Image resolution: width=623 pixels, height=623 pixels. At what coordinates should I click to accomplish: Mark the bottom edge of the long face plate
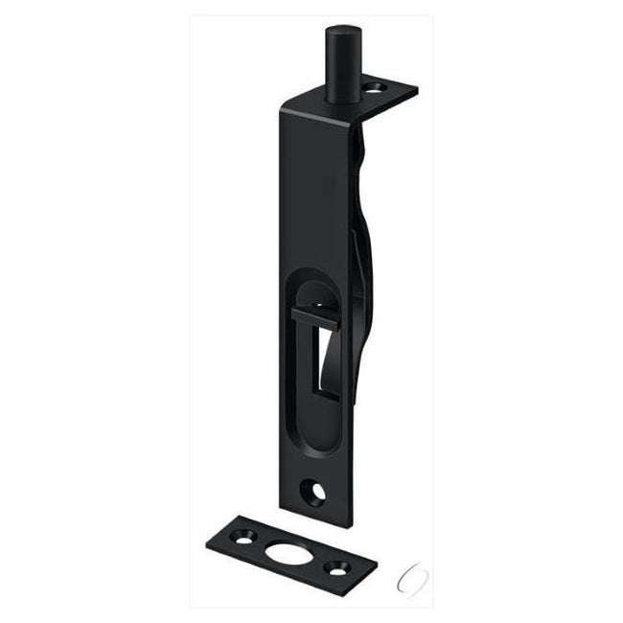332,523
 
